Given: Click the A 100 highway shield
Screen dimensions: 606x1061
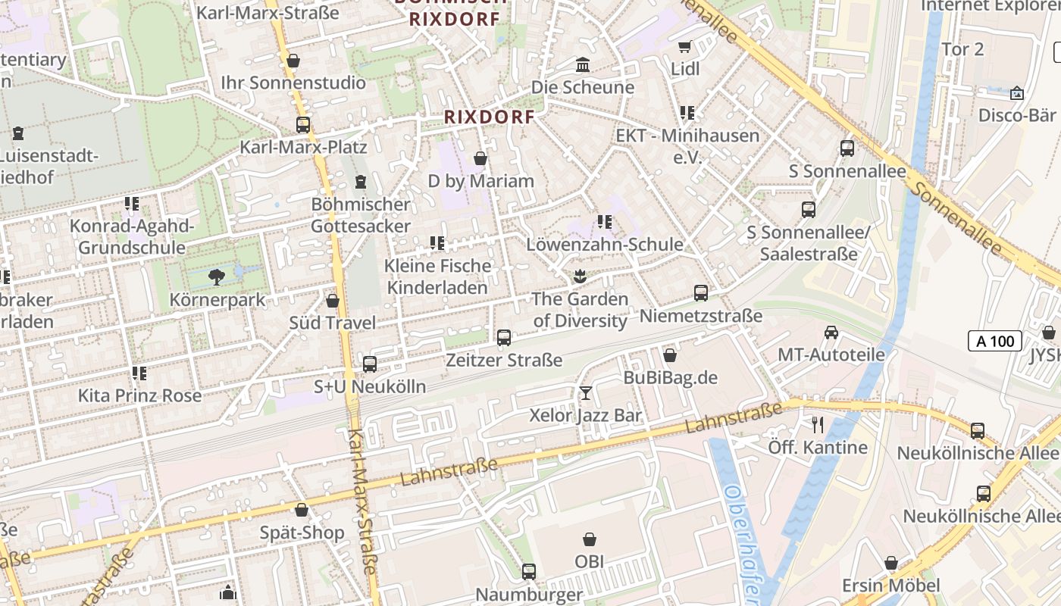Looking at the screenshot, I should click(x=995, y=342).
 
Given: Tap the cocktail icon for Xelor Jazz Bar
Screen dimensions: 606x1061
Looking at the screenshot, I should click(x=586, y=392).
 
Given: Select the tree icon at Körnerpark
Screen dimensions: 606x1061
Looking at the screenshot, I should click(x=217, y=276).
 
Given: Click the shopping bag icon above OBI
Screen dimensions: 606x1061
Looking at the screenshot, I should click(x=590, y=540).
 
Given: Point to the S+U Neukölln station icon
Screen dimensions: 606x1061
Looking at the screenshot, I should click(x=370, y=364).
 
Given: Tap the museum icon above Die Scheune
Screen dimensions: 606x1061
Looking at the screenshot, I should click(x=583, y=64).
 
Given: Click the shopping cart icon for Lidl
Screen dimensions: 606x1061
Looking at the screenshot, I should click(x=685, y=47).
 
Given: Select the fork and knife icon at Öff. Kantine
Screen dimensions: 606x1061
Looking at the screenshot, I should click(x=818, y=424).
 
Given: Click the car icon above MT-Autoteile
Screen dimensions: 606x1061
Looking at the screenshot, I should click(x=831, y=333).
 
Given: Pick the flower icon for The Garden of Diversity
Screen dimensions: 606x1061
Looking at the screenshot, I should click(x=581, y=276).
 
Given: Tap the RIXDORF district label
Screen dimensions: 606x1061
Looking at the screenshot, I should click(x=490, y=117).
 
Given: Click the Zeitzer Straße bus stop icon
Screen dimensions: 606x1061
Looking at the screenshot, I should click(x=504, y=338).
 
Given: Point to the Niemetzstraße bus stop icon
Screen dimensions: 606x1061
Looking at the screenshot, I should click(x=701, y=293).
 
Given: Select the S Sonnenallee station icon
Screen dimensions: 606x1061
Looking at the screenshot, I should click(x=847, y=148).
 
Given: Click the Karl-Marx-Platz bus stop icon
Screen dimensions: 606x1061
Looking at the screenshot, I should click(x=303, y=125).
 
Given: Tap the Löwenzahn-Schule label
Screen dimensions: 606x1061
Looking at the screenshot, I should click(x=605, y=245).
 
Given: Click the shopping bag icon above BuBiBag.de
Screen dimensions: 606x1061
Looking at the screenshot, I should click(x=670, y=355).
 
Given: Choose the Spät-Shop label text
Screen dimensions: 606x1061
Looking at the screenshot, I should click(x=302, y=533).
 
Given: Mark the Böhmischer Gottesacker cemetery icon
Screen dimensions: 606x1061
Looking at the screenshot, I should click(x=361, y=182).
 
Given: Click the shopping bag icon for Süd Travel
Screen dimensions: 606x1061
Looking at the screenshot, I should click(x=332, y=301).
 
